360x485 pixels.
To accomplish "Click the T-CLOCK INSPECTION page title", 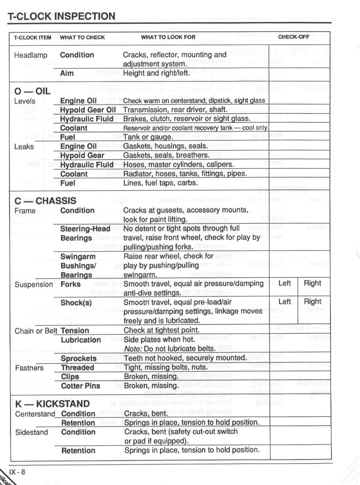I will tap(62, 16).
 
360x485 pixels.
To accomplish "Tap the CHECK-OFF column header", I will tap(294, 37).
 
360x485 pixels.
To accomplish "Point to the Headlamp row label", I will tap(31, 55).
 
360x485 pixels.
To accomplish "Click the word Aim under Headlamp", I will tap(67, 73).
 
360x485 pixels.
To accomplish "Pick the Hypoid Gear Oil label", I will tap(88, 110).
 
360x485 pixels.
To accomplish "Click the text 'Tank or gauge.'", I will tap(148, 137).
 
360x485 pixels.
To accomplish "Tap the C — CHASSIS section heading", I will tap(45, 200).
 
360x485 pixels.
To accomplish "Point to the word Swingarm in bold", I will tap(78, 257).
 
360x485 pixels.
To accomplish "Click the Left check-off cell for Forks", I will tap(285, 283).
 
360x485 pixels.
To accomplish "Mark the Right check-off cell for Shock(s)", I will tap(312, 301).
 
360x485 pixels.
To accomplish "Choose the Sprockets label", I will tap(79, 358).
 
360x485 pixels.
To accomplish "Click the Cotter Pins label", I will tap(80, 386).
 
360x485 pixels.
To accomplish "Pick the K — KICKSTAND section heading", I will tap(52, 404).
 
